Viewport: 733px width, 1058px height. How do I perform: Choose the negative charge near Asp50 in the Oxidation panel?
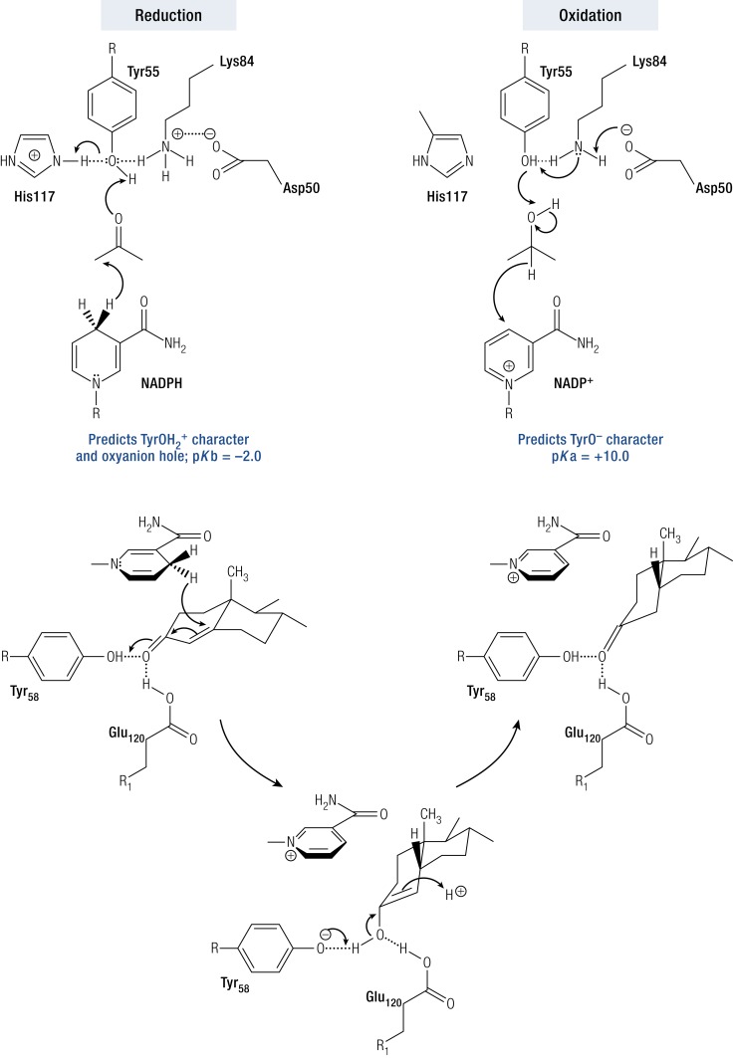(628, 128)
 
